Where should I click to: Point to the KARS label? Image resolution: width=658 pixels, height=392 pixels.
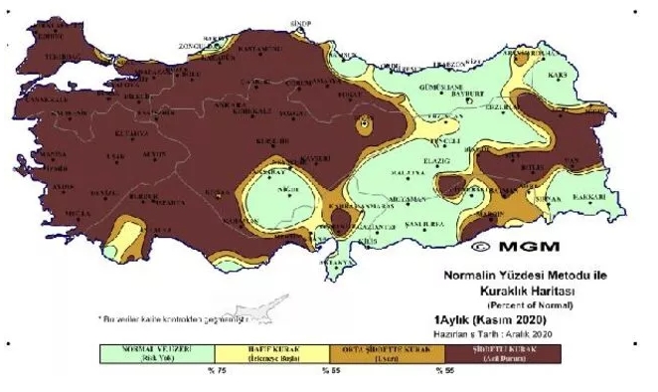coord(570,75)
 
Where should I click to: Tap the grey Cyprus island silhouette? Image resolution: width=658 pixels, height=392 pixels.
coord(260,304)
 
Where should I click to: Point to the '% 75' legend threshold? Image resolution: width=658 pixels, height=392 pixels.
coord(213,371)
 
